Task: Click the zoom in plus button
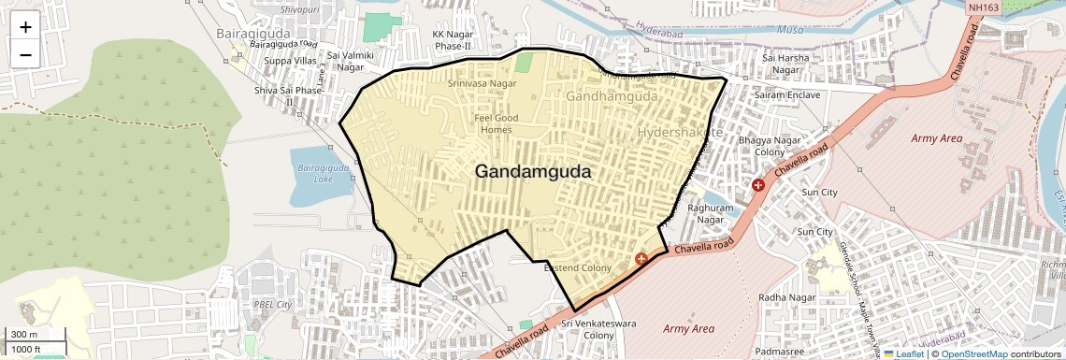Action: [25, 26]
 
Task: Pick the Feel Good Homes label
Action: [496, 124]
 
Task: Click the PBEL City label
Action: [273, 305]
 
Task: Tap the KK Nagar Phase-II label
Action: [452, 40]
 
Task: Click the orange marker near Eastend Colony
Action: [641, 258]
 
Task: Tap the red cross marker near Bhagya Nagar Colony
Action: [757, 185]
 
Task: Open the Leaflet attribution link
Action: [903, 353]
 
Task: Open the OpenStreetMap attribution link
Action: [973, 353]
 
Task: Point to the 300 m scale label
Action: [24, 334]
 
